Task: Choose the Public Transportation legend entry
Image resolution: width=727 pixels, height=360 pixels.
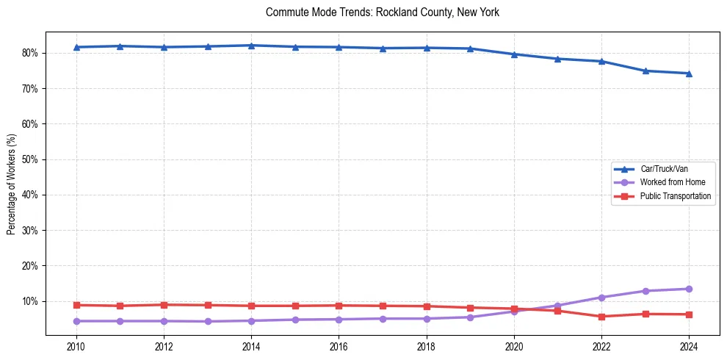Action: tap(675, 196)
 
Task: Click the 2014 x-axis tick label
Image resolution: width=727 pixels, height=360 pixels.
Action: tap(251, 346)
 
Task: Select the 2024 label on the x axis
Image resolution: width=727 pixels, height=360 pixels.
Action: tap(689, 346)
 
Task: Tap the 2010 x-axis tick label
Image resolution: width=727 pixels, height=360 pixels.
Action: tap(76, 346)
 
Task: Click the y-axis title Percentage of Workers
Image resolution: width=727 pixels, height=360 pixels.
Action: tap(12, 184)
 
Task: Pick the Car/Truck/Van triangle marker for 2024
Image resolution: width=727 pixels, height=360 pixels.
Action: tap(689, 73)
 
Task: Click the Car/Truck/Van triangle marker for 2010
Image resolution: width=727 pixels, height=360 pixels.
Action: tap(76, 47)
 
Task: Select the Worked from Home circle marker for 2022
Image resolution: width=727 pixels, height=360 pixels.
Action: tap(601, 298)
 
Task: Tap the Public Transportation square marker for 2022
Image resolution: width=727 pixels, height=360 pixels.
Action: tap(601, 317)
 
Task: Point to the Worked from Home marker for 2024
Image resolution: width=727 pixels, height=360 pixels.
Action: tap(689, 289)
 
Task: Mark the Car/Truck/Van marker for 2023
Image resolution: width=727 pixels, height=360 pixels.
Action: tap(645, 71)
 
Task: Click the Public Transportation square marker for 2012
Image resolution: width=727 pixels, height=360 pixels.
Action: tap(164, 305)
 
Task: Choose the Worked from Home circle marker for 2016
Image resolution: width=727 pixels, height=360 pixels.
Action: tap(339, 320)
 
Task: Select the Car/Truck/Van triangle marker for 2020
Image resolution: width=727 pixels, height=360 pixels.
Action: tap(514, 54)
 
